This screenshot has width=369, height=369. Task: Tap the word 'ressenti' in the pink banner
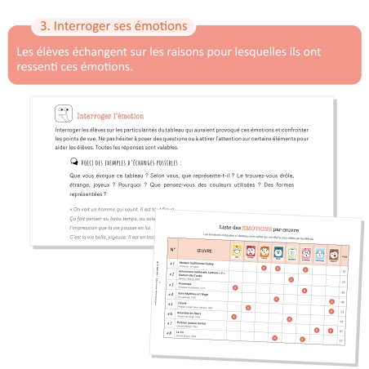pos(42,68)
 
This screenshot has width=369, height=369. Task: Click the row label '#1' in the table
pos(171,264)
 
